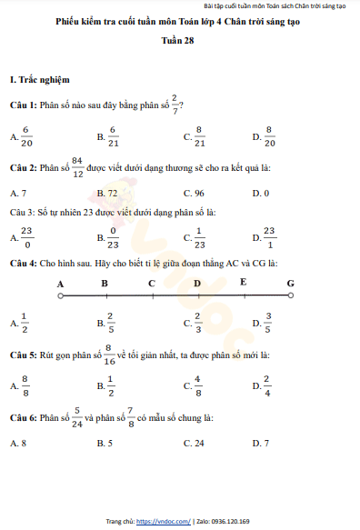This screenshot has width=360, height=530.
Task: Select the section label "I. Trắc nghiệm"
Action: tap(41, 82)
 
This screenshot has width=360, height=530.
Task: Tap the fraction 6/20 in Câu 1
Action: tap(26, 136)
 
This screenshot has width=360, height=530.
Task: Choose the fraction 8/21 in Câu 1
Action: tap(200, 136)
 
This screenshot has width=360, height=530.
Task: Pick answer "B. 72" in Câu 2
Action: tap(107, 194)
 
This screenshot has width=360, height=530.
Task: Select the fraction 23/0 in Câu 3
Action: tap(26, 238)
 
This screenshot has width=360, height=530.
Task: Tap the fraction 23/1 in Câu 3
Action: tap(269, 238)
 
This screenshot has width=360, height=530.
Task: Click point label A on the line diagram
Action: tap(60, 283)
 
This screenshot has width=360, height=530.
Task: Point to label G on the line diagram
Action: tap(290, 283)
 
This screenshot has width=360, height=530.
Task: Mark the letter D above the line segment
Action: tap(197, 283)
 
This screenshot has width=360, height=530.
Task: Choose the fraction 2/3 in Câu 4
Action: tap(197, 322)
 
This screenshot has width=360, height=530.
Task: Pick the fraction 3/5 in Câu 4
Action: tap(268, 322)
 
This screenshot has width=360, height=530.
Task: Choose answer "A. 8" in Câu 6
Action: tap(17, 443)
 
